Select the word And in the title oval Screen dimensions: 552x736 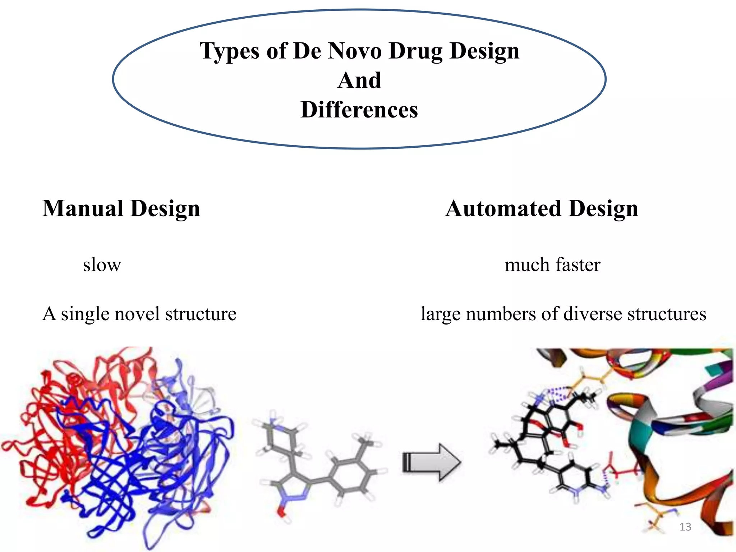pos(359,80)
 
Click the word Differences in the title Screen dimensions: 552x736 pos(359,110)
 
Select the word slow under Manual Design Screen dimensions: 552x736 pos(102,265)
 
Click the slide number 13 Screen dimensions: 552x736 pos(685,527)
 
